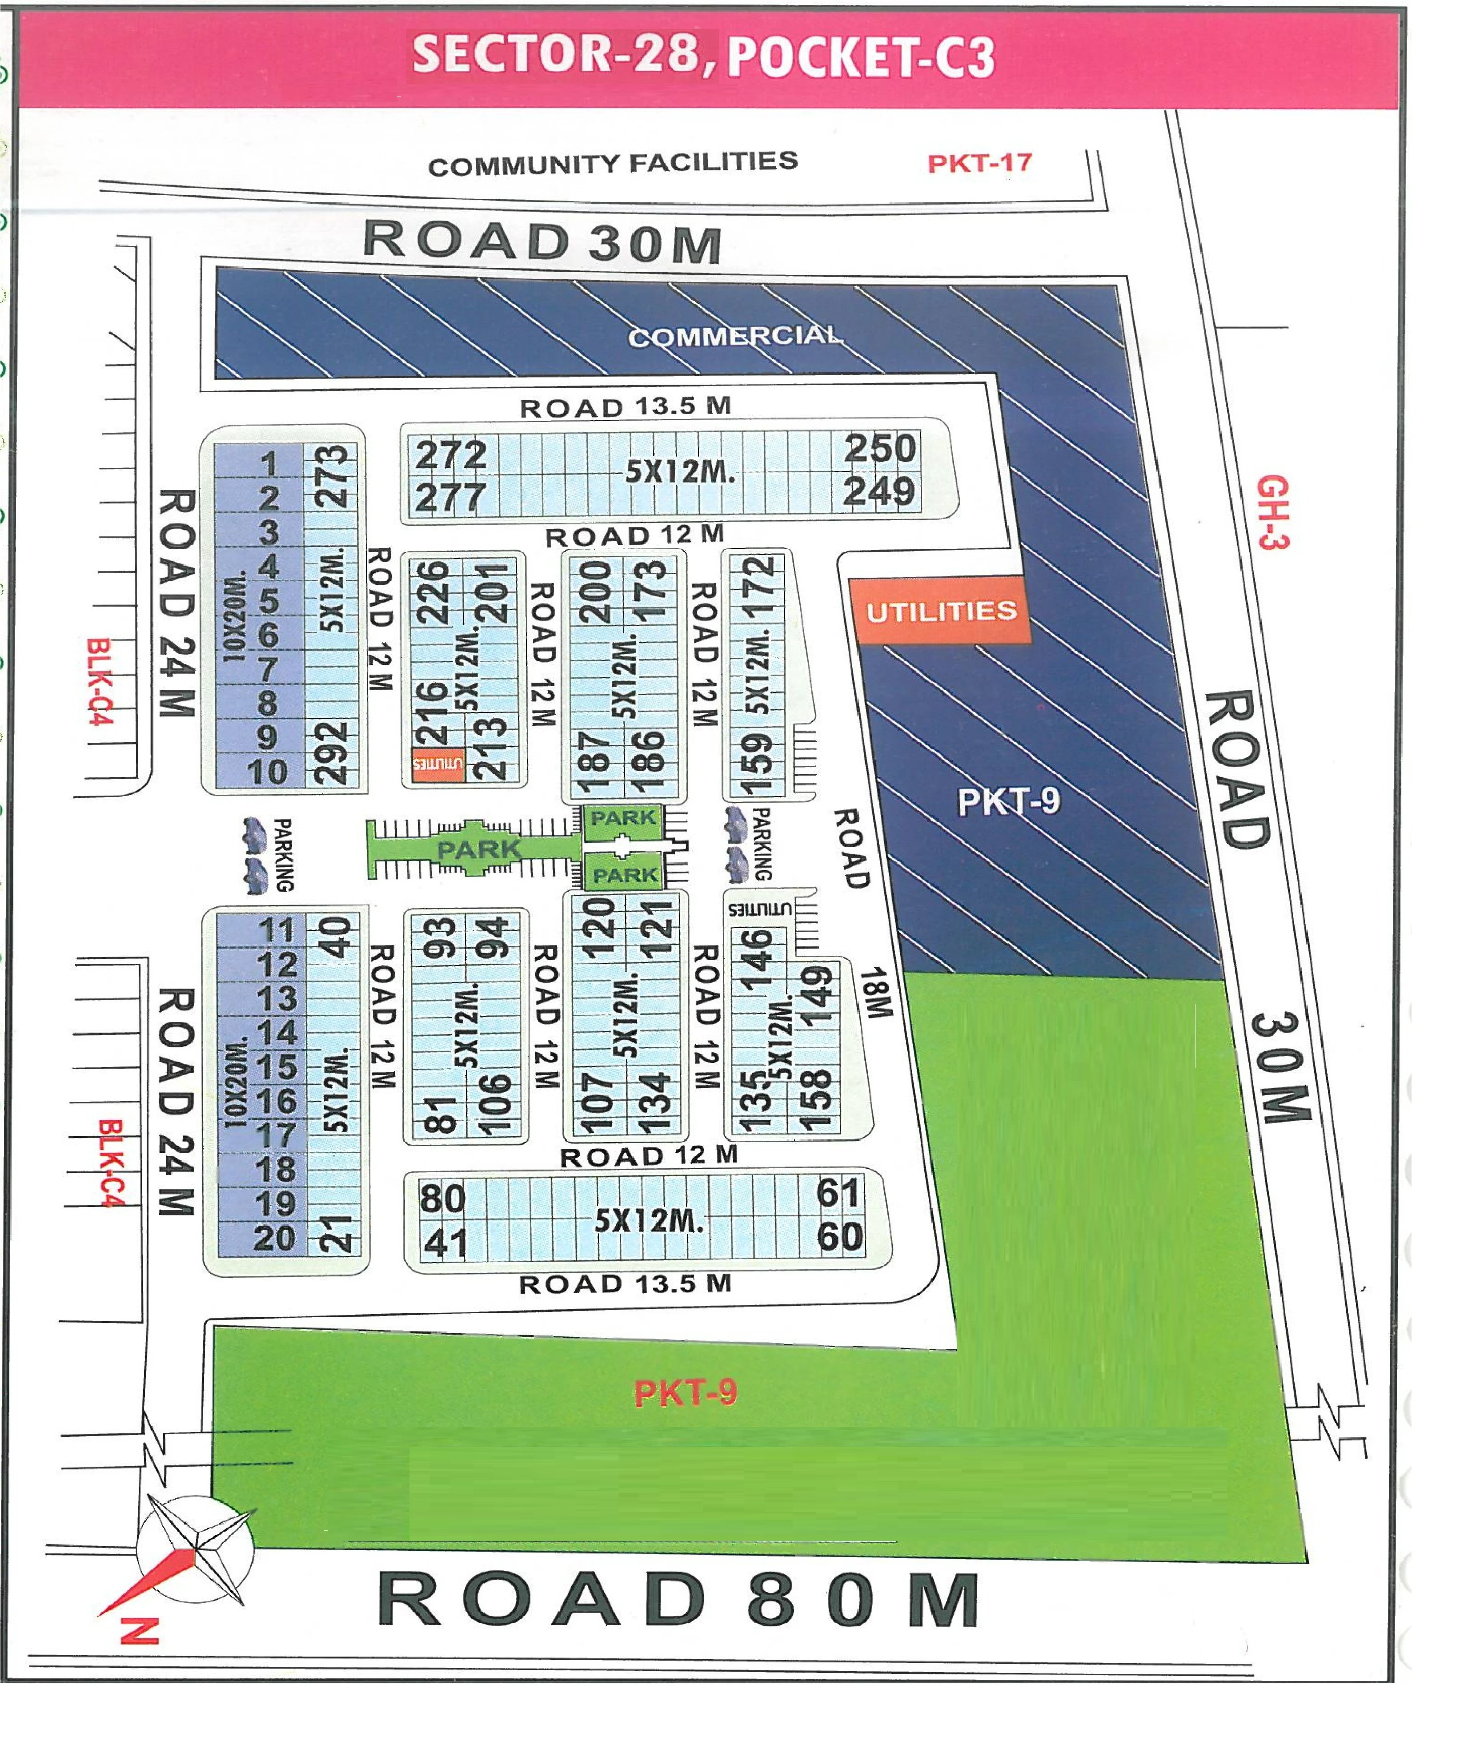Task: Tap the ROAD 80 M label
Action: point(678,1600)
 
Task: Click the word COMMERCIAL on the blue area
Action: point(734,336)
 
